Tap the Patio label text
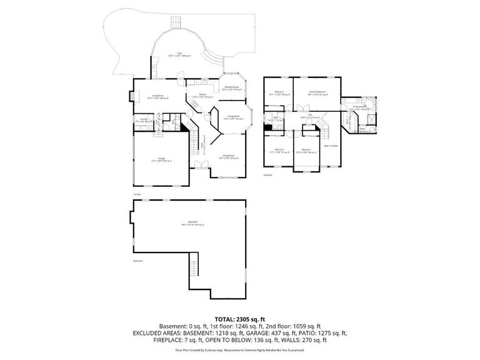coord(180,55)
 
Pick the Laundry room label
coord(143,120)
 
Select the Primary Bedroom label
coord(318,92)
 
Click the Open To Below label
coord(331,146)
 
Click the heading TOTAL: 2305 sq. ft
coord(240,318)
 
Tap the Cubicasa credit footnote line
coord(240,349)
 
